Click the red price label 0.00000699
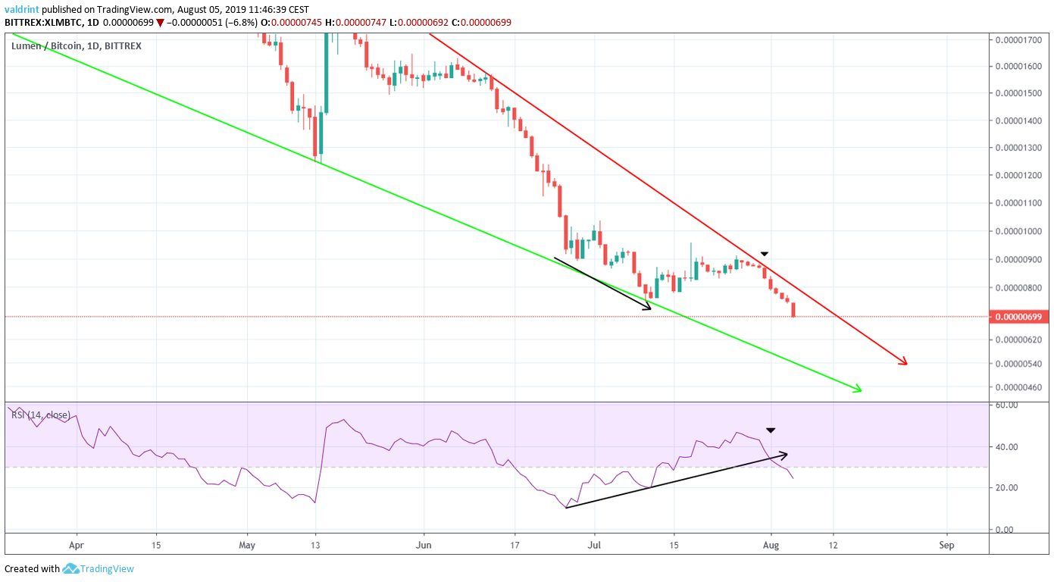click(x=1020, y=317)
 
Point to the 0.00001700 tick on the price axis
click(x=1020, y=39)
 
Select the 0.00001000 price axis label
click(x=1020, y=232)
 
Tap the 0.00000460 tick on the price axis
click(x=1020, y=388)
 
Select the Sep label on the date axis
click(x=946, y=544)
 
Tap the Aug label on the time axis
click(x=771, y=544)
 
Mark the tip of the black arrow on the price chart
click(x=651, y=308)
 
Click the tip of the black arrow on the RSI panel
click(x=787, y=454)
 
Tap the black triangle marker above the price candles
click(x=765, y=253)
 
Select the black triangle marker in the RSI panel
click(x=770, y=430)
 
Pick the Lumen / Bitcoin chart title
click(x=76, y=46)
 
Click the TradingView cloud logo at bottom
click(x=71, y=568)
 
